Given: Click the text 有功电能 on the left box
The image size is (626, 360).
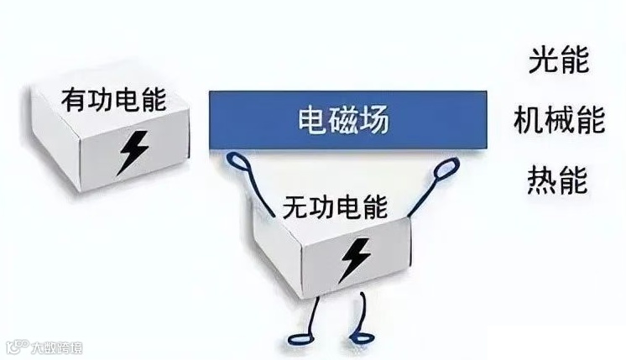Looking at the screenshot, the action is point(114,98).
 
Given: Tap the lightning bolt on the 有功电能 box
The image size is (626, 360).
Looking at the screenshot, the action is point(133,150).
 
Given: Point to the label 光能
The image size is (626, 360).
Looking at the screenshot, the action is point(559,60).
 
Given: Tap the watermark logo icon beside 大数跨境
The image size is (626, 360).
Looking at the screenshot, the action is point(17,347).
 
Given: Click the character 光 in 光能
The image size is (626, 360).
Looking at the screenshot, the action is point(545,60).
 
